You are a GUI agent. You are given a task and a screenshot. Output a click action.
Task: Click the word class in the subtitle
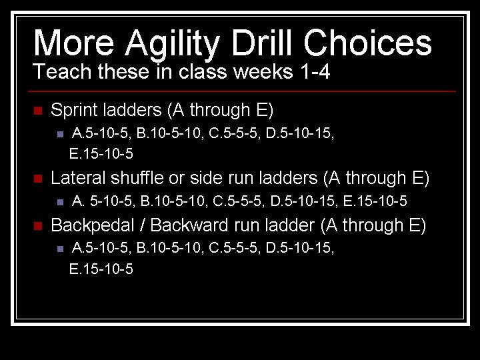click(x=196, y=71)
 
